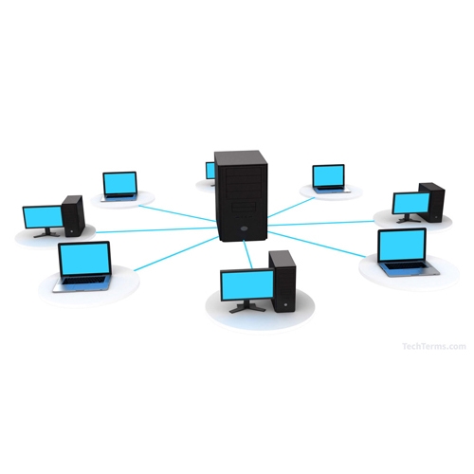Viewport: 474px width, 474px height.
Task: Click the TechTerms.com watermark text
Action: coord(434,346)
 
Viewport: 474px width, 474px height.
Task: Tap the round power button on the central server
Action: coord(243,228)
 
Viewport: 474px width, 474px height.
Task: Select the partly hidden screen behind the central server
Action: coord(210,171)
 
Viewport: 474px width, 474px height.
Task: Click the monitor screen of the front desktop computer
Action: coord(247,285)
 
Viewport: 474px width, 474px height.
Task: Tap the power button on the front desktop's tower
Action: coord(285,305)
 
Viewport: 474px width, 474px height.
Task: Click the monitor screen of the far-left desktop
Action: coord(44,217)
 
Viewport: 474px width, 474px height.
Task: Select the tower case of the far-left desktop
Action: coord(73,216)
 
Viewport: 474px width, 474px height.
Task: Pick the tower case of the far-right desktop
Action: coord(432,202)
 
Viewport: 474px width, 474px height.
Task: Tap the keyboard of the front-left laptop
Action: coord(83,281)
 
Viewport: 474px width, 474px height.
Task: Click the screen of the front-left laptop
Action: coord(84,259)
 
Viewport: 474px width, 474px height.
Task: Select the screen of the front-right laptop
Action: coord(402,246)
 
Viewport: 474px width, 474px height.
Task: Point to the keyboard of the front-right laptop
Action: coord(408,265)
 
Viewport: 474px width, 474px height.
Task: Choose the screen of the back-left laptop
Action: coord(119,184)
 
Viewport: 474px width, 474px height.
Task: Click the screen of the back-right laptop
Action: coord(328,175)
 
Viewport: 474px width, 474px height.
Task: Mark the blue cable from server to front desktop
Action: coord(248,254)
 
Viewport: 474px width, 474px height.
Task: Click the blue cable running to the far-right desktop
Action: coord(320,223)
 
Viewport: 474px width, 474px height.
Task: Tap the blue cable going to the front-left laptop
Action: coord(176,253)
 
